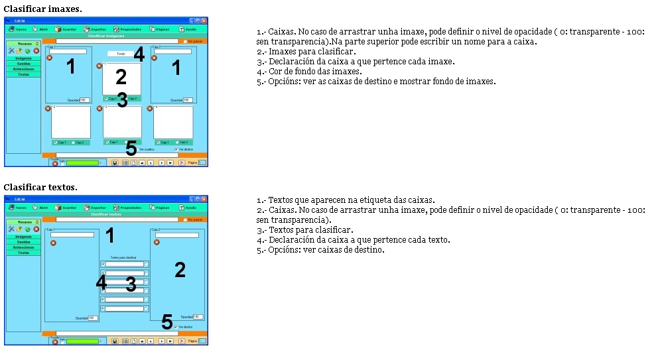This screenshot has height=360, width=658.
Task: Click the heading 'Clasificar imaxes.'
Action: tap(43, 9)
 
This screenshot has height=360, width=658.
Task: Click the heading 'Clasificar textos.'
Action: tap(40, 188)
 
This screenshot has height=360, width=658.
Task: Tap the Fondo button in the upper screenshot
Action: tap(121, 54)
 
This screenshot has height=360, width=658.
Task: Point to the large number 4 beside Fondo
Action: tap(139, 55)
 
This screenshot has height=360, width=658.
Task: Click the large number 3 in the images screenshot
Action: tap(122, 100)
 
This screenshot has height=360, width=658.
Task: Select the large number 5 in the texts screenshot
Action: tap(167, 322)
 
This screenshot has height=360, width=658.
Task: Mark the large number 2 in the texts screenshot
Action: tap(180, 270)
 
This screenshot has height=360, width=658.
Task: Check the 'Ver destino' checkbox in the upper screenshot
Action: tap(176, 149)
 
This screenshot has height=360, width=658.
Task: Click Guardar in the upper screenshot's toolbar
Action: tap(66, 30)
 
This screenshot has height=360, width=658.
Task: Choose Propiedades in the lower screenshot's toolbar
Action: tap(127, 208)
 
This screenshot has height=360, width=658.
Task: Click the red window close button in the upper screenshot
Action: tap(204, 21)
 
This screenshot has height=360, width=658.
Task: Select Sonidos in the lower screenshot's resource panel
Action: tap(23, 241)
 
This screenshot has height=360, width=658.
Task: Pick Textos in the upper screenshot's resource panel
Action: tap(23, 74)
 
